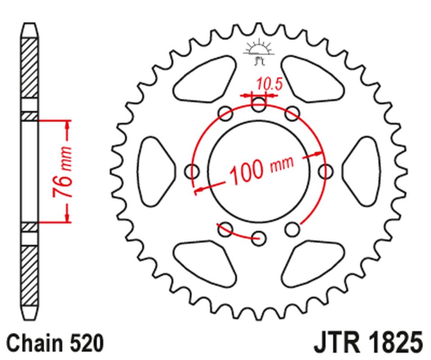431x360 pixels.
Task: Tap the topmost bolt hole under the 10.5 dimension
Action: [x=258, y=105]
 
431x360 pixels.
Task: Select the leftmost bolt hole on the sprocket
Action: [x=193, y=171]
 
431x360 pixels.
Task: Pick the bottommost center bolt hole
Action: [x=258, y=238]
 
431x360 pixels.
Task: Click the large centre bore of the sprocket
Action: [x=258, y=171]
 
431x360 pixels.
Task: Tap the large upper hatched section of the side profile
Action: [x=30, y=67]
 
